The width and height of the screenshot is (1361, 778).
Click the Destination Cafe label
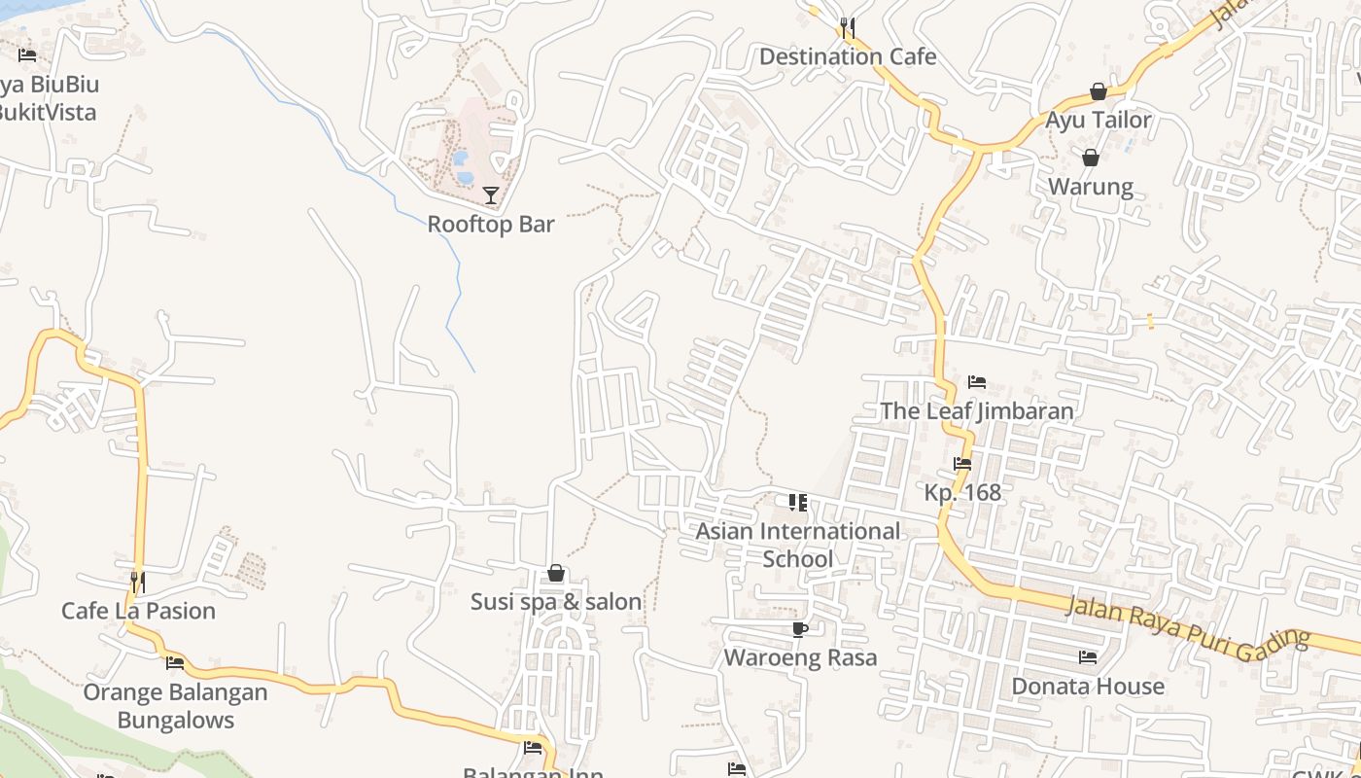coord(847,56)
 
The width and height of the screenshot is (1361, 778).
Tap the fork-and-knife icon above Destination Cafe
coord(847,26)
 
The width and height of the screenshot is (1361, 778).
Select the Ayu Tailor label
coord(1098,120)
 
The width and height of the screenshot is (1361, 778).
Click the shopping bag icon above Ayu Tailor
coord(1098,91)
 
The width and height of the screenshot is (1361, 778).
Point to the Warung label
coord(1090,187)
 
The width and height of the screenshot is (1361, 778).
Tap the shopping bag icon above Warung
coord(1090,158)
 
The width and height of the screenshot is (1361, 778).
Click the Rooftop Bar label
coord(491,224)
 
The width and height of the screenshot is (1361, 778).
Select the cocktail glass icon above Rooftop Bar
coord(491,195)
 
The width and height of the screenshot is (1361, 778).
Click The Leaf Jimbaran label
coord(977,410)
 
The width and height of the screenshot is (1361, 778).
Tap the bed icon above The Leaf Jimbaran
coord(977,381)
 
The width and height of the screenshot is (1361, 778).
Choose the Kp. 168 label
coord(962,492)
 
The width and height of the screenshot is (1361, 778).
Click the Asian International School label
coord(797,545)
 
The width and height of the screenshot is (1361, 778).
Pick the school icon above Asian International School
coord(797,502)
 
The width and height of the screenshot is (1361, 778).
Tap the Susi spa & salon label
coord(556,602)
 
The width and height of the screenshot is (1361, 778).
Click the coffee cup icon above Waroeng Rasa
coord(800,629)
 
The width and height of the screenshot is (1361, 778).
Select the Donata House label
coord(1088,687)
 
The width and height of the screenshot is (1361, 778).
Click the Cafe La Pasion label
coord(138,611)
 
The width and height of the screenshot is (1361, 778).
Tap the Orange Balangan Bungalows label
coord(175,706)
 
